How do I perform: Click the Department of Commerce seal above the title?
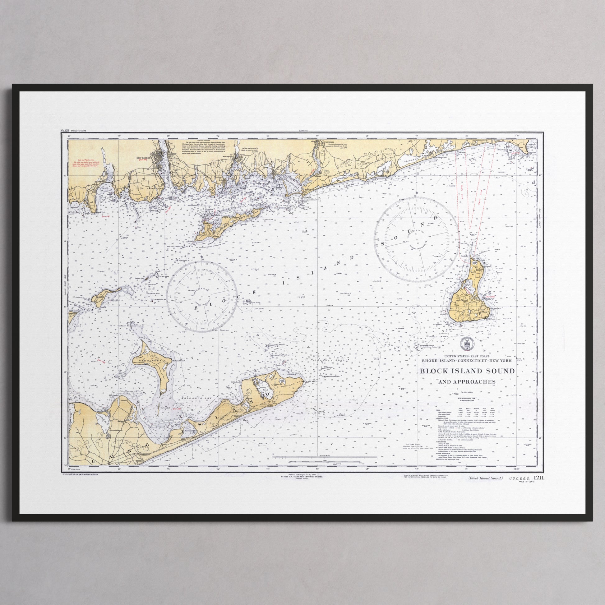pyautogui.click(x=467, y=344)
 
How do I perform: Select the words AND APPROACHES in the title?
pyautogui.click(x=467, y=382)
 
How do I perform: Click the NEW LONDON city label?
pyautogui.click(x=144, y=158)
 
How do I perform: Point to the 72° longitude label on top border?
pyautogui.click(x=218, y=136)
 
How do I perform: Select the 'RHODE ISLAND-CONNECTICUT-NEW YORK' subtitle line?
pyautogui.click(x=467, y=361)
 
